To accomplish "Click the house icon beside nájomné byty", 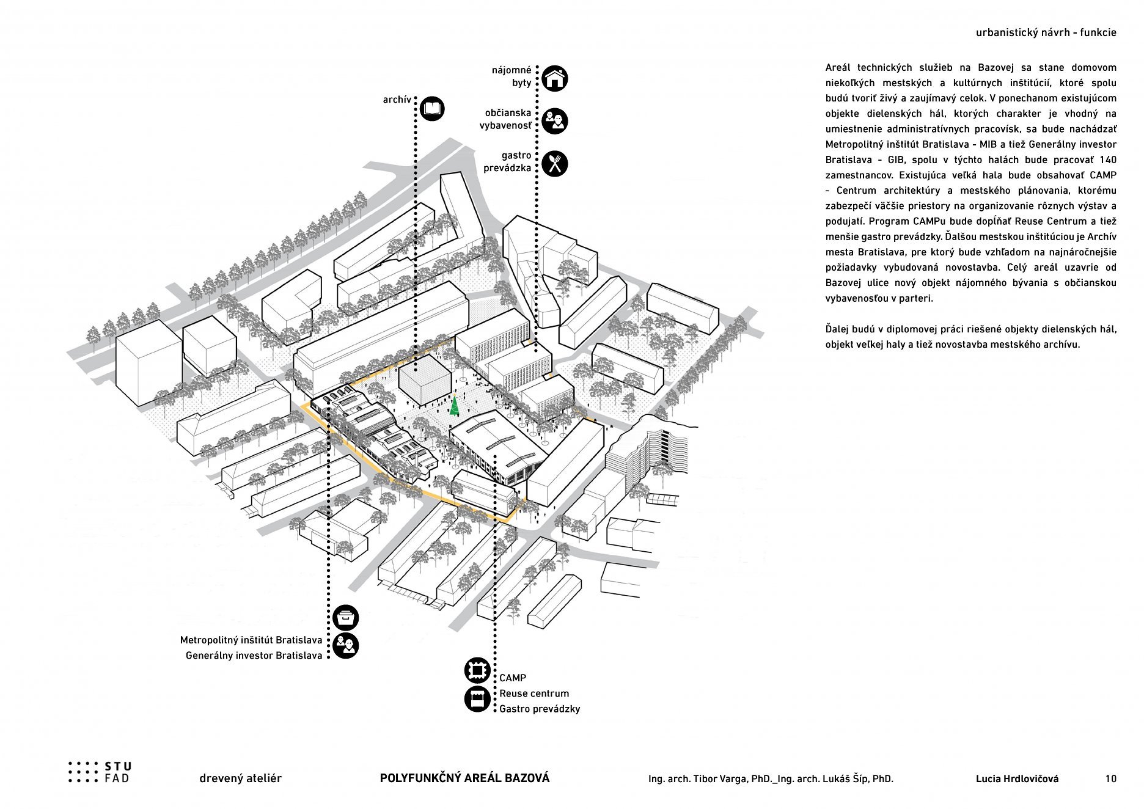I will (554, 79).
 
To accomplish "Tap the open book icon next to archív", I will (432, 109).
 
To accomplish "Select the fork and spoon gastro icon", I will (554, 164).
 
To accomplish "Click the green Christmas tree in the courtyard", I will (455, 406).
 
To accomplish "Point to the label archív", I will (397, 100).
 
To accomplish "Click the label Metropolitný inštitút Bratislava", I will (251, 640).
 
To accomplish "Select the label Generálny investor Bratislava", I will (254, 656).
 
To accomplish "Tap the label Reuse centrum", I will (533, 694).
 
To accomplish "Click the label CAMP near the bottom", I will (512, 678).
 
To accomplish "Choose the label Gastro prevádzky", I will (539, 709).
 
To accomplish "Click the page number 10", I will (1110, 778).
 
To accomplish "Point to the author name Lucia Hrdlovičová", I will (1017, 778).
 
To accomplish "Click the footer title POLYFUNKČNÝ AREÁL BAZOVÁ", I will (464, 778).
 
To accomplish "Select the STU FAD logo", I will (100, 772).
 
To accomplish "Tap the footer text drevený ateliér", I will (240, 778).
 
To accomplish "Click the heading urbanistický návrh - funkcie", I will (1046, 33).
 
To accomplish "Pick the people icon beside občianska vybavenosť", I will (554, 121).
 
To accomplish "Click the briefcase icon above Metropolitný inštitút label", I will (346, 618).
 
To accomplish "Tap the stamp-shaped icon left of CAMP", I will (477, 670).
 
